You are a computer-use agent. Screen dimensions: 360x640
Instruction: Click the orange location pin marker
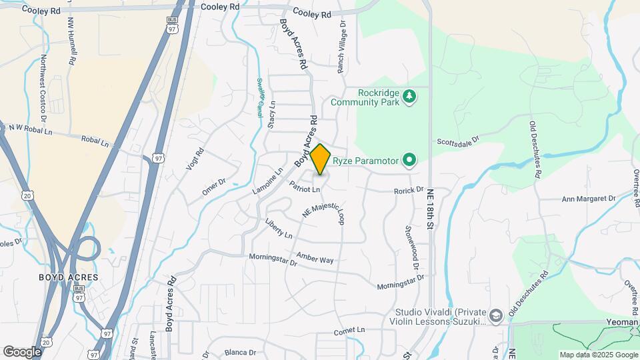[x=321, y=159]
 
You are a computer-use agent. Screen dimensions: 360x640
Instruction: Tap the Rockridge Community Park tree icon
[x=409, y=98]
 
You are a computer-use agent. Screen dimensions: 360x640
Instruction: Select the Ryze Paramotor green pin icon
[x=409, y=160]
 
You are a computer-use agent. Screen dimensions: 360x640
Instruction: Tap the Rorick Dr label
[x=409, y=190]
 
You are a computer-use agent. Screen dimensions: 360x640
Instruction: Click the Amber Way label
[x=315, y=259]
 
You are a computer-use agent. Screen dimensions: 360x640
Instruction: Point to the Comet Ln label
[x=350, y=331]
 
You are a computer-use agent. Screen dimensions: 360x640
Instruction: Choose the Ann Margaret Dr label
[x=589, y=199]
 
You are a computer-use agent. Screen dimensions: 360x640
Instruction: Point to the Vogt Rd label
[x=193, y=159]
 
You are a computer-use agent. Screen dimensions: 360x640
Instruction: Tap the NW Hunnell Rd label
[x=70, y=40]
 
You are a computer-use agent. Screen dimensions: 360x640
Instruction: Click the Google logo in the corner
[x=23, y=351]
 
